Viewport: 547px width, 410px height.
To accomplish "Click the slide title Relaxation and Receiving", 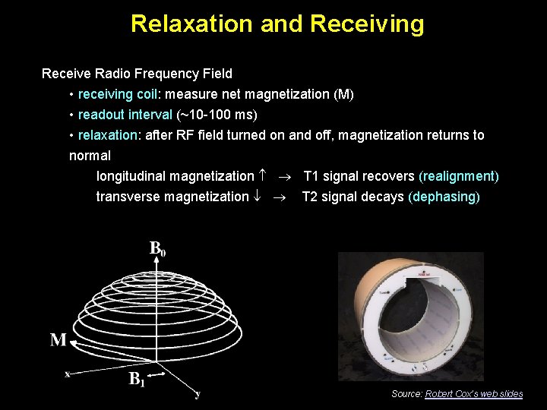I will (x=277, y=24).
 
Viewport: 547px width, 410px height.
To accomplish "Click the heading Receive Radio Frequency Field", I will (x=137, y=74).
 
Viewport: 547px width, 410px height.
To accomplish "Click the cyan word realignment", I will (x=459, y=176).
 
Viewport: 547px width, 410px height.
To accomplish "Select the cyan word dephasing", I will (x=444, y=197).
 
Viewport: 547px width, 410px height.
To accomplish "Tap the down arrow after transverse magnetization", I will (x=256, y=197).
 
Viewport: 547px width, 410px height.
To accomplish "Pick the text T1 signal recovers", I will (x=359, y=176).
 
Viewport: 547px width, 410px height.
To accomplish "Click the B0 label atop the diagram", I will (x=157, y=248).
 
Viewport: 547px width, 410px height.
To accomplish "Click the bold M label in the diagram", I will (x=58, y=340).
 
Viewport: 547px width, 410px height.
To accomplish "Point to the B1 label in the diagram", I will (x=137, y=379).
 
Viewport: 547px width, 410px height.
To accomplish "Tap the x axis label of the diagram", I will (x=68, y=373).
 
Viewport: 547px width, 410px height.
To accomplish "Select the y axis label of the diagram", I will (x=198, y=394).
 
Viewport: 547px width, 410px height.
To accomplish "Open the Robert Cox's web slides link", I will (x=473, y=393).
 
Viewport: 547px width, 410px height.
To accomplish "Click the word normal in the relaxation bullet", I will (x=90, y=156).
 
